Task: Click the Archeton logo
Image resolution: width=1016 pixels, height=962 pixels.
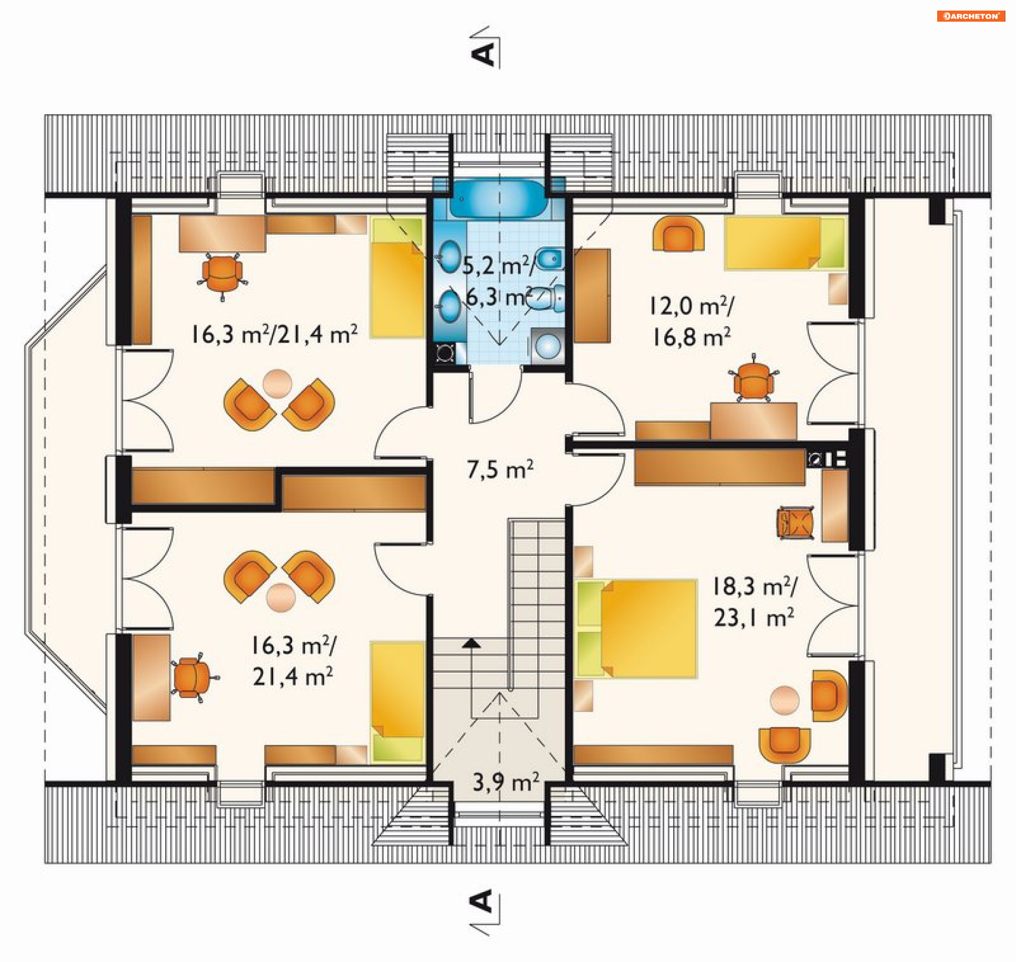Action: (970, 16)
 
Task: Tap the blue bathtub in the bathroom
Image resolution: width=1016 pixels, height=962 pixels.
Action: (497, 199)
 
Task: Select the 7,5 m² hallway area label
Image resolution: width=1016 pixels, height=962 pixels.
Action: (500, 469)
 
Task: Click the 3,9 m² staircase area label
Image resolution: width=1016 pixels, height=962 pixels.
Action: (506, 782)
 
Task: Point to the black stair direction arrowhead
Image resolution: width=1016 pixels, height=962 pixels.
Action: (471, 643)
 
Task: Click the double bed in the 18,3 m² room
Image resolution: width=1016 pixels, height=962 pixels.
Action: (636, 629)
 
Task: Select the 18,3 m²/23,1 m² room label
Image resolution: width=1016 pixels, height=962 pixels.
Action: (755, 602)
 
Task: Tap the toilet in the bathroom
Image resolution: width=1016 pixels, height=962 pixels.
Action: (546, 299)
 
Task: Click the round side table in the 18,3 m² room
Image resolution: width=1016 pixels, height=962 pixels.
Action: (784, 700)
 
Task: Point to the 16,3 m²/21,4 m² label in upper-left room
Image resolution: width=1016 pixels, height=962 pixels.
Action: (274, 334)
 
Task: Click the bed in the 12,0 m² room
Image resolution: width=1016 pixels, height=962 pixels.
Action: (785, 243)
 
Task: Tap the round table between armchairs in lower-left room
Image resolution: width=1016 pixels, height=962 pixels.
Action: (280, 598)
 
